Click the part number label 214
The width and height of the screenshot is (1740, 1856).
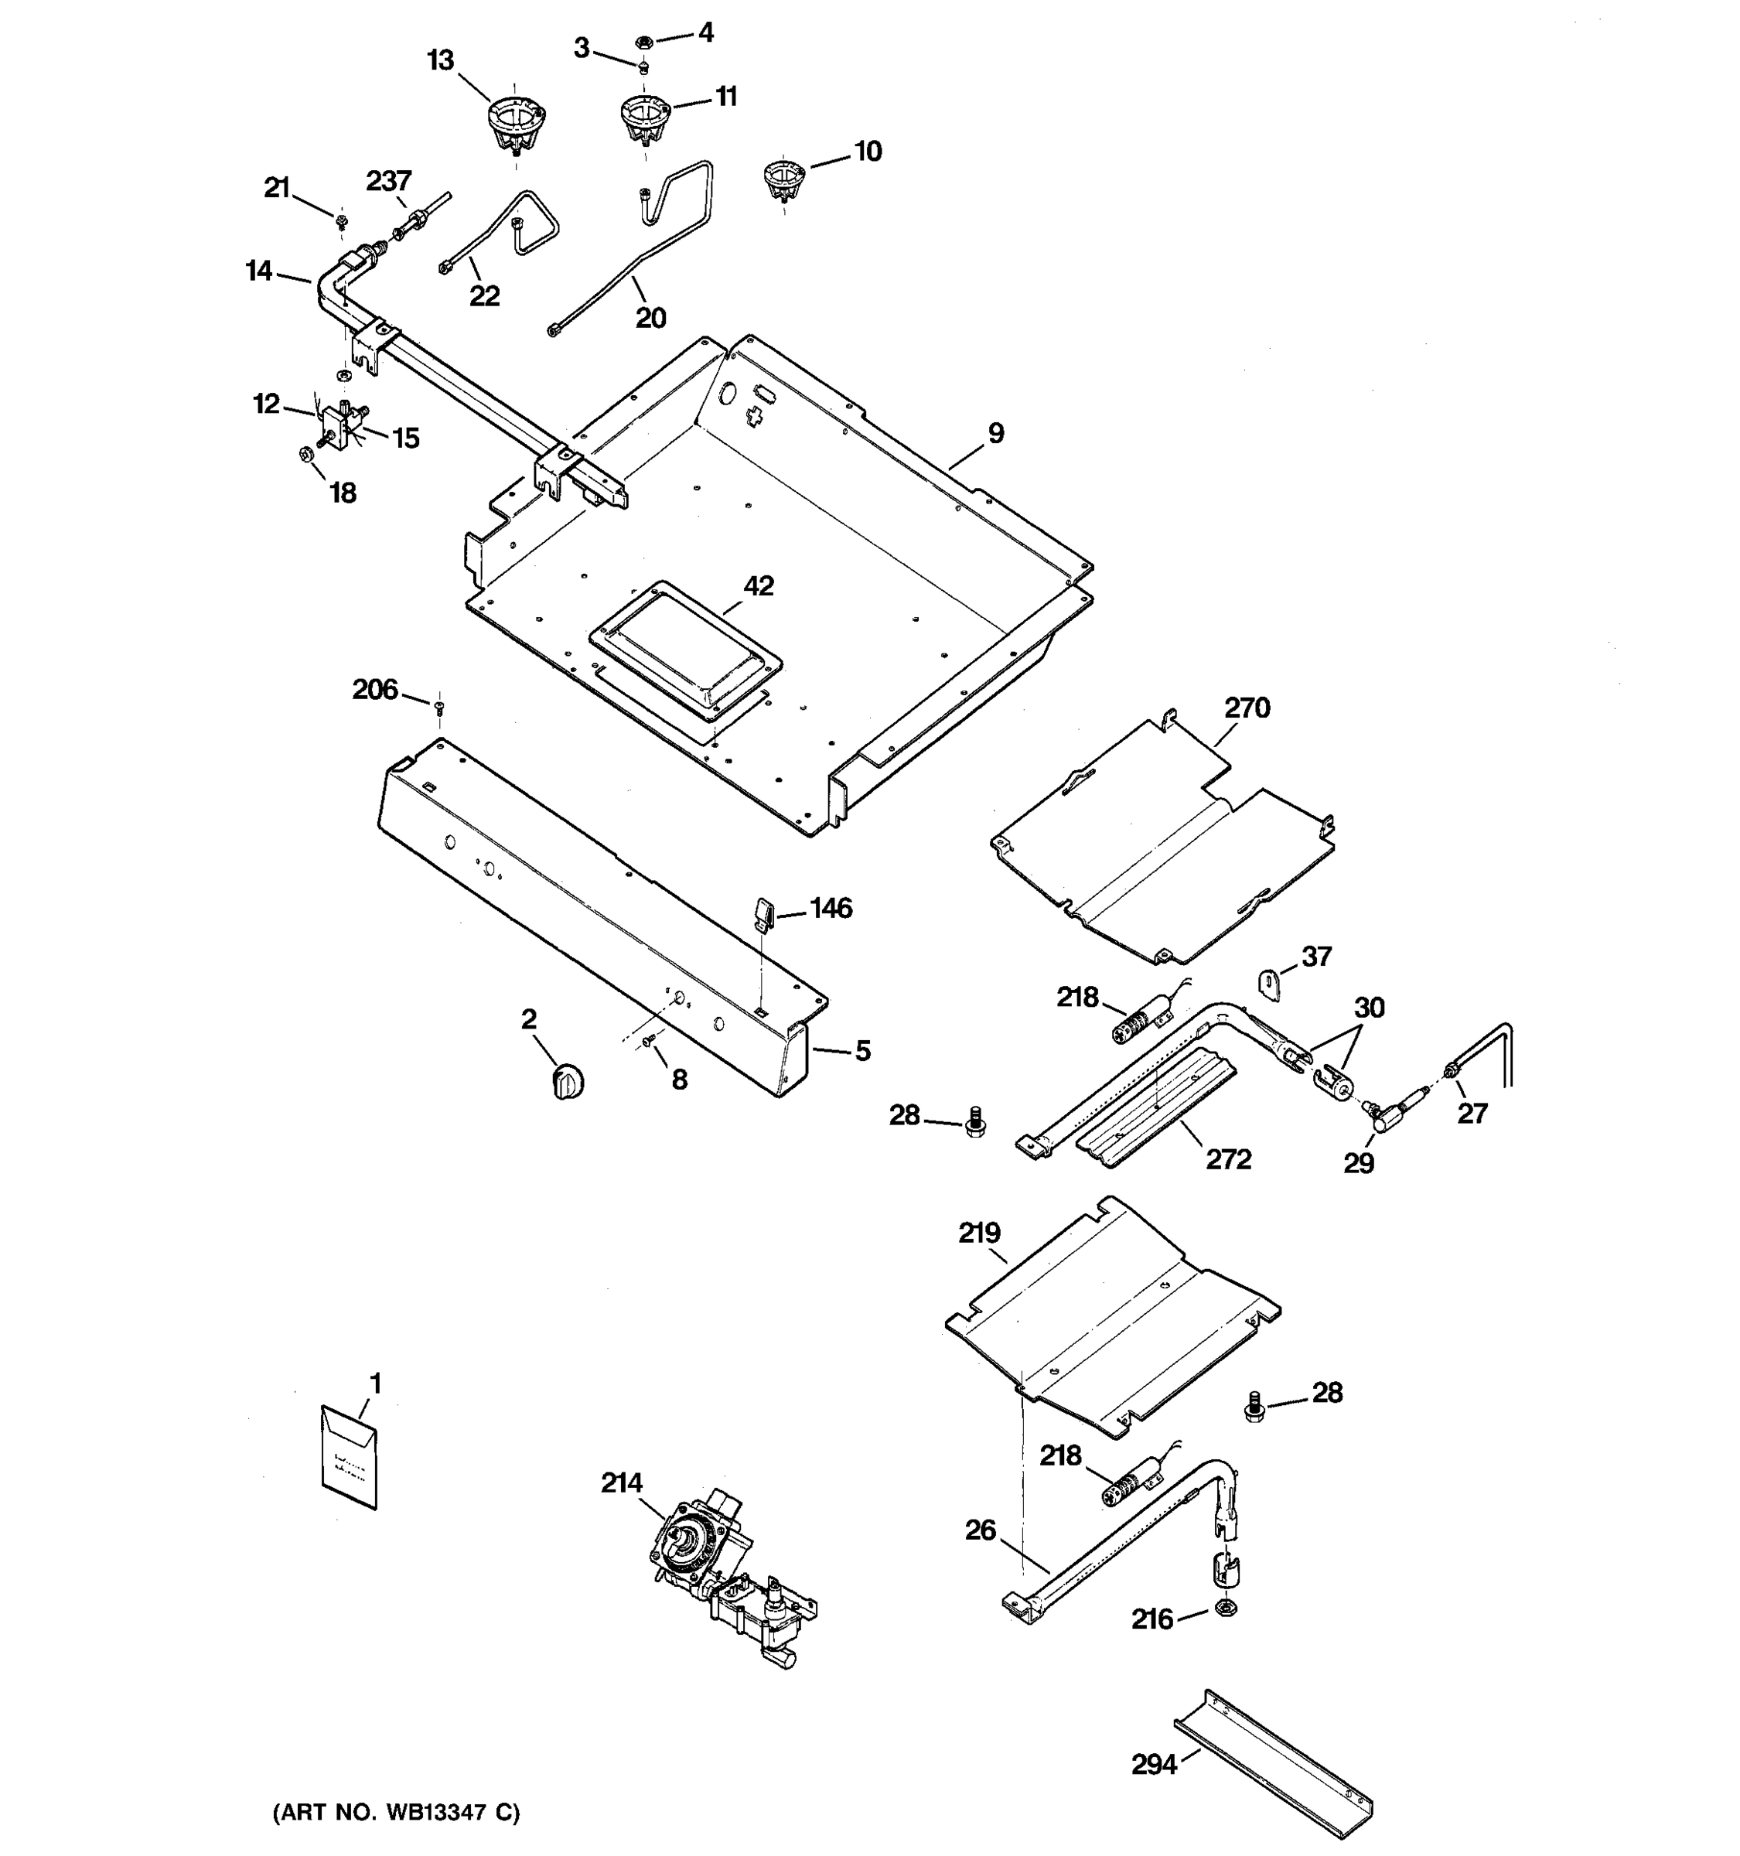pyautogui.click(x=621, y=1482)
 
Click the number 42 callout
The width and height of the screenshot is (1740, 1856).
pyautogui.click(x=758, y=585)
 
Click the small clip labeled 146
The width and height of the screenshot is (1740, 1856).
pyautogui.click(x=763, y=912)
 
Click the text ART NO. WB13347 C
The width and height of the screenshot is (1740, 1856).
pyautogui.click(x=396, y=1812)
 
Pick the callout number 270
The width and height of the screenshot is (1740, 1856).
pyautogui.click(x=1247, y=708)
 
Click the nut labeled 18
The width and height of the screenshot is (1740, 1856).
pyautogui.click(x=305, y=455)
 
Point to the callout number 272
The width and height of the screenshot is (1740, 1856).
pyautogui.click(x=1227, y=1158)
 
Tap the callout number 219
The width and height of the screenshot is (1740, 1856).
pyautogui.click(x=979, y=1233)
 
